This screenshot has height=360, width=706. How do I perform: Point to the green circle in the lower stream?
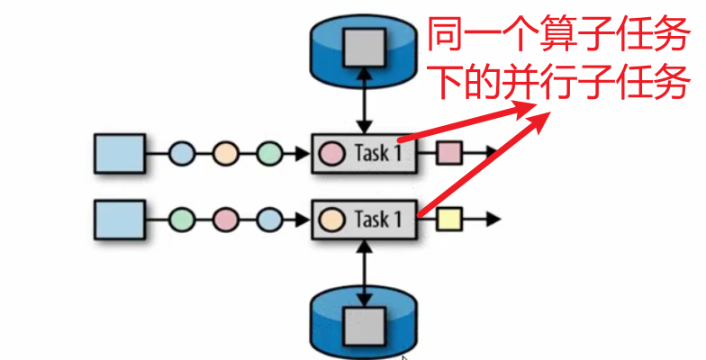click(182, 219)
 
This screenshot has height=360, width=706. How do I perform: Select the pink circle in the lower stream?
click(225, 219)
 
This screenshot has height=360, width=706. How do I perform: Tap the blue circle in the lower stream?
click(268, 219)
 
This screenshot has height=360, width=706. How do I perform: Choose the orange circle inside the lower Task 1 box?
click(333, 219)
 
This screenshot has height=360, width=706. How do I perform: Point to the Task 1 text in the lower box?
click(378, 219)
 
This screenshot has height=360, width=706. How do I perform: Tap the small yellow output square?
click(448, 219)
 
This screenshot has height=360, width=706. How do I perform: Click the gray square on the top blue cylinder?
click(366, 40)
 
